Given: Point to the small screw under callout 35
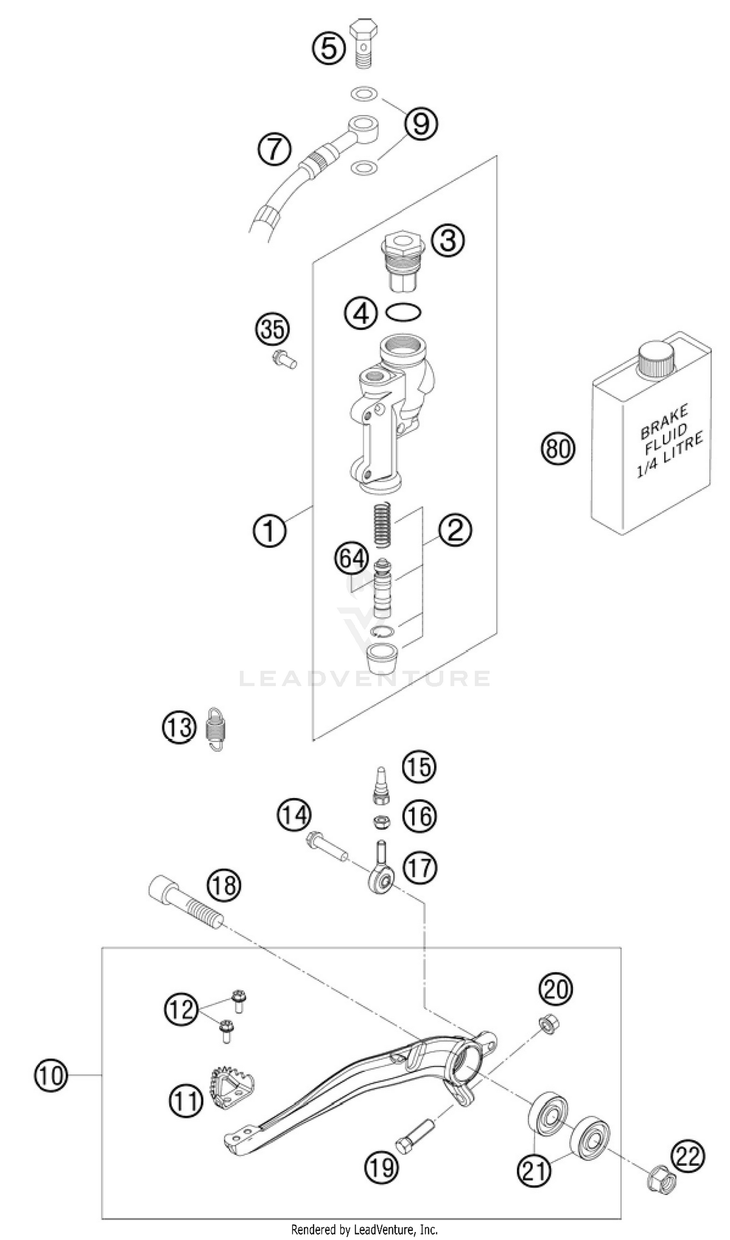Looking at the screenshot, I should (284, 360).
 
